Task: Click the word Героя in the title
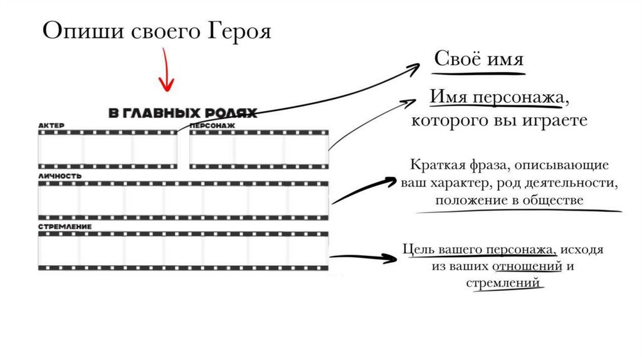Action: (x=238, y=31)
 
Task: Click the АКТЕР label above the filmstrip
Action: (x=51, y=125)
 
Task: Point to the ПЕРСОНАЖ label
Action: (x=212, y=125)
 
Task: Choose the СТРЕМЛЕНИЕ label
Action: (x=65, y=226)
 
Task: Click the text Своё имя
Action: (x=479, y=60)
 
